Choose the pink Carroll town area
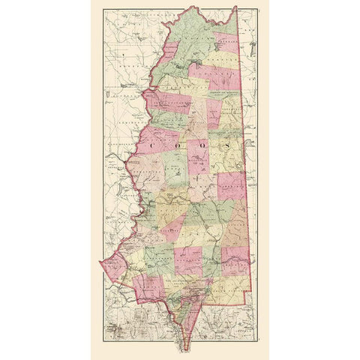pos(146,285)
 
